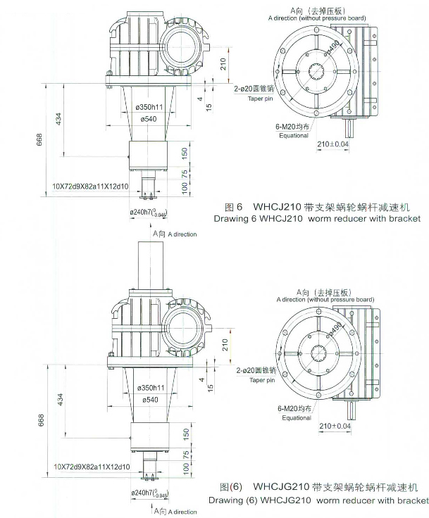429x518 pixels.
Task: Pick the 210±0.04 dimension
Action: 333,144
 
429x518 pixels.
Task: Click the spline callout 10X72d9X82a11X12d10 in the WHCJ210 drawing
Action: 90,186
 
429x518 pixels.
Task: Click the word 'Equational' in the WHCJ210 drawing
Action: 295,135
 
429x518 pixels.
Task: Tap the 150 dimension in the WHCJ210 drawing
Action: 185,152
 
